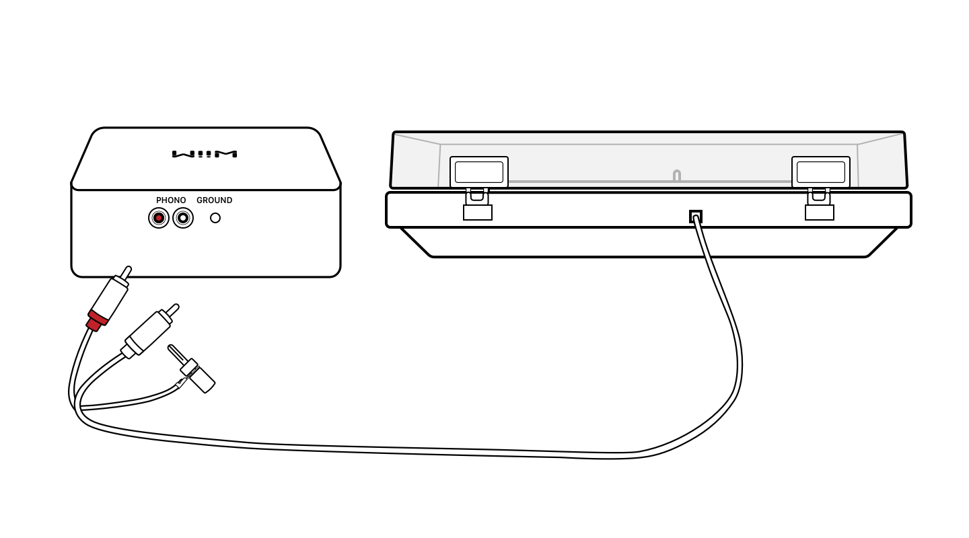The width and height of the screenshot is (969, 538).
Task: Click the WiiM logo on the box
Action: (205, 154)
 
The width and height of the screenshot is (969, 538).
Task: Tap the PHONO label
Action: (171, 200)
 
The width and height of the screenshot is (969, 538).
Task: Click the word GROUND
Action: (214, 200)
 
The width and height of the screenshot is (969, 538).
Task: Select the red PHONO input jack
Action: (159, 218)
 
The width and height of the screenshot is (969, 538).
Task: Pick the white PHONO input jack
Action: (183, 218)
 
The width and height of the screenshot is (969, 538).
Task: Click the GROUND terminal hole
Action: (215, 218)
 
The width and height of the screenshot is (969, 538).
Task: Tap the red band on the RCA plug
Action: (96, 319)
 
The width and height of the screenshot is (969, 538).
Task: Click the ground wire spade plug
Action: (200, 378)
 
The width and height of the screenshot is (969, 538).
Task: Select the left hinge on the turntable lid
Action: (478, 172)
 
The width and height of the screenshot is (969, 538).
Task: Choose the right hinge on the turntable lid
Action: (820, 172)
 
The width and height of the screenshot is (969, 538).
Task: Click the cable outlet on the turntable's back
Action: (695, 217)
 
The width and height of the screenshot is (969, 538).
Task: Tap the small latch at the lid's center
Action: (676, 176)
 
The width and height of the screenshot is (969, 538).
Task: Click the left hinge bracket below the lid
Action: (478, 212)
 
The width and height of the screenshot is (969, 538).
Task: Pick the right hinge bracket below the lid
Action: (820, 212)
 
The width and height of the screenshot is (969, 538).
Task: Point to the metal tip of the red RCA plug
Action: (126, 272)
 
